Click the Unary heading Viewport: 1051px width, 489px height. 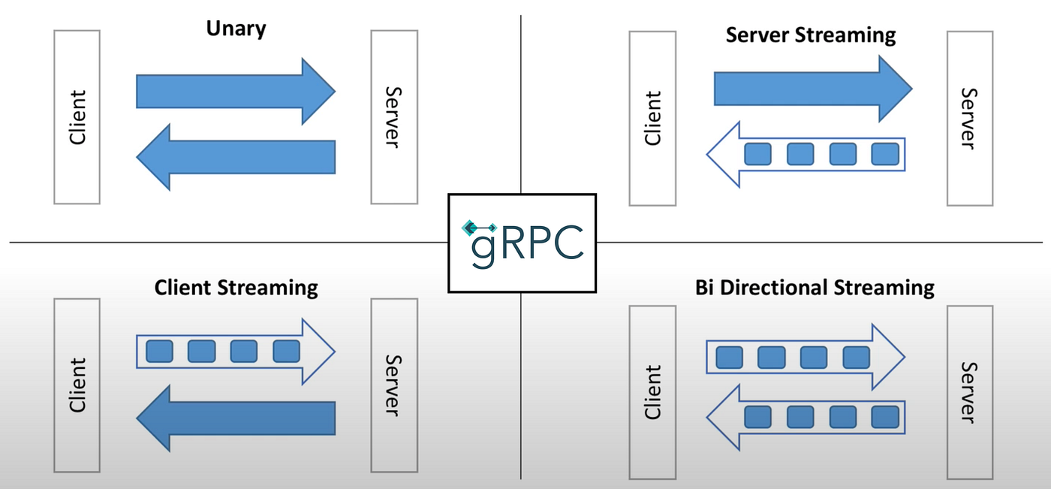[236, 30]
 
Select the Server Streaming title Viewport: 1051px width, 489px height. [811, 35]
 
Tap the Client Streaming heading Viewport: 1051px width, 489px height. [236, 288]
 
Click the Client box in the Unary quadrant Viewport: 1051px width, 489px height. [77, 116]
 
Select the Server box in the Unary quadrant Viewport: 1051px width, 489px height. [394, 116]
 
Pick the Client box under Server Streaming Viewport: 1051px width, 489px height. [652, 118]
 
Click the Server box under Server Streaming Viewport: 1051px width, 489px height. [969, 118]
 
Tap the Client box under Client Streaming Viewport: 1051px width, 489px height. [77, 385]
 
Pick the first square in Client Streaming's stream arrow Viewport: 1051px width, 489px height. [158, 351]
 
